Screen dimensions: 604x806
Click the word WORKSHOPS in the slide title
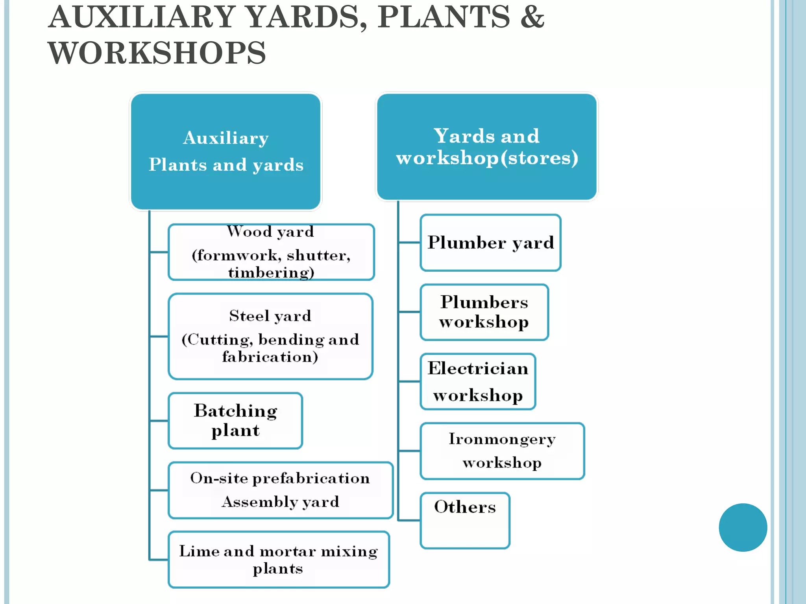click(157, 53)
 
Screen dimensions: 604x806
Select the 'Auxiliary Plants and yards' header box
click(226, 151)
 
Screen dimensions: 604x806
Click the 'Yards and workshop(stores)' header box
click(487, 147)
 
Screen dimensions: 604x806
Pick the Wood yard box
click(271, 252)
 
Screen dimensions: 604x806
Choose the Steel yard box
click(270, 336)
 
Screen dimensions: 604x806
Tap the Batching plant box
click(235, 420)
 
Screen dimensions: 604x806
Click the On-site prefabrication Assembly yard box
click(280, 490)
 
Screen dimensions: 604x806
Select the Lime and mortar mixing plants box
click(279, 559)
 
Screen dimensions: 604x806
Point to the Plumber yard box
click(490, 243)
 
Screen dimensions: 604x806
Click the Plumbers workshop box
click(484, 312)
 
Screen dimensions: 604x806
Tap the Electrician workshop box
click(478, 381)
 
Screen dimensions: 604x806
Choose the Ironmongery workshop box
click(502, 451)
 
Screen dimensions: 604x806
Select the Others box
click(465, 520)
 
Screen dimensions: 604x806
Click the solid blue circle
click(743, 527)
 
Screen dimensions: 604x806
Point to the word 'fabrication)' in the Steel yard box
click(270, 357)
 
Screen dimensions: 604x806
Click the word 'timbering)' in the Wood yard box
click(271, 273)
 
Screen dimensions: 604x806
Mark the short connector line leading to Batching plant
click(159, 421)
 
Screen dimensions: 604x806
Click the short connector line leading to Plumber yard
click(409, 243)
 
